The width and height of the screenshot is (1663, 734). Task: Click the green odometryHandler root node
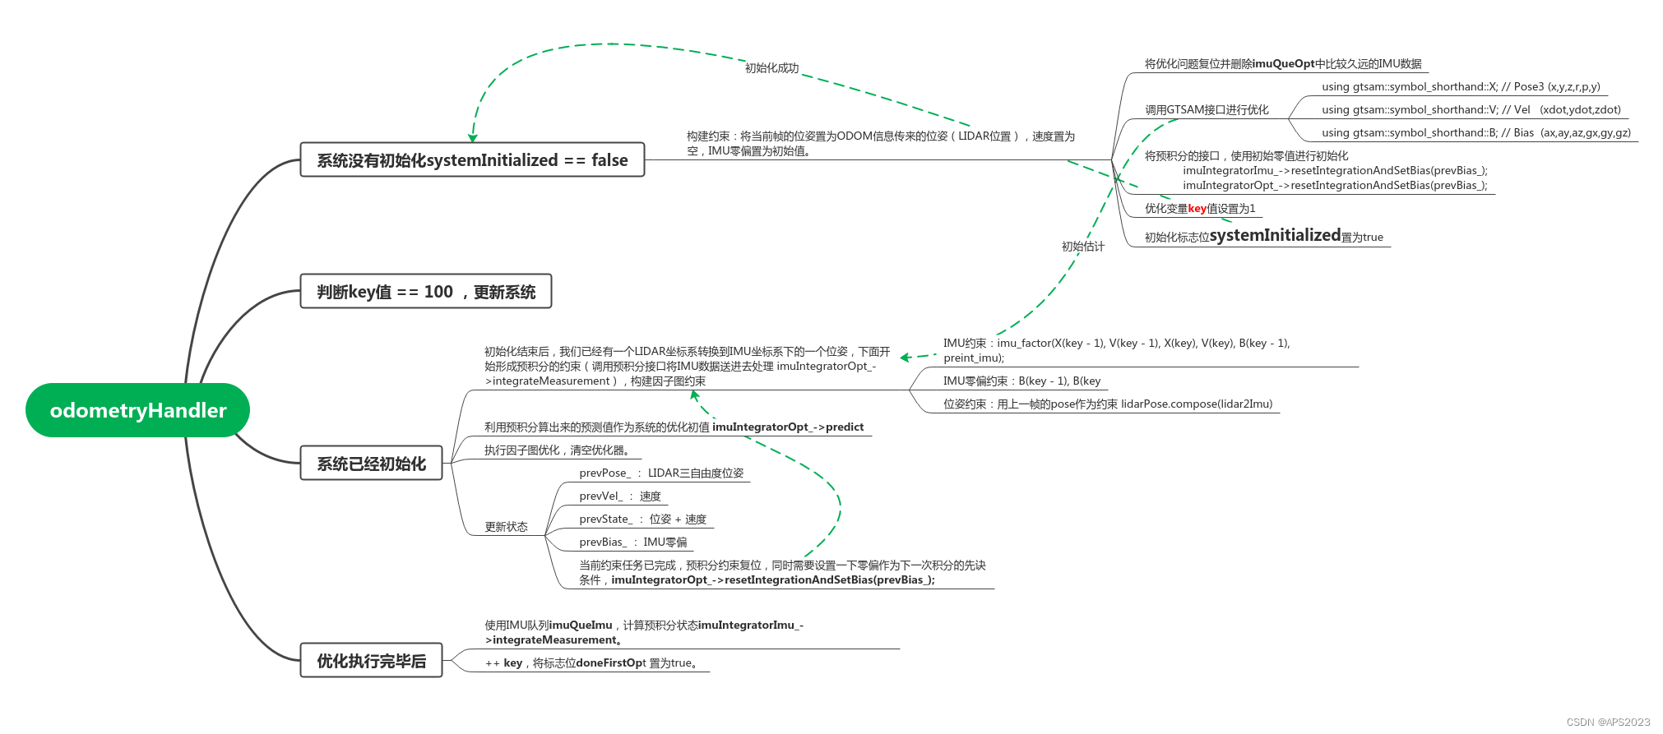coord(137,410)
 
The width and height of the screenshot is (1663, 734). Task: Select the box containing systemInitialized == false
coord(472,160)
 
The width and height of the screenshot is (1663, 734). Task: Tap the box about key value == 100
coord(425,292)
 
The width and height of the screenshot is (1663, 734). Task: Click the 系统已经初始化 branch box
coord(371,464)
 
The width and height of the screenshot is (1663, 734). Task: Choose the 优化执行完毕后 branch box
coord(371,661)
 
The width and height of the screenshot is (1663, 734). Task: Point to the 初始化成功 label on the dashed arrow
coord(771,68)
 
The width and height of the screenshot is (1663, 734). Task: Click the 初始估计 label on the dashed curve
coord(1082,247)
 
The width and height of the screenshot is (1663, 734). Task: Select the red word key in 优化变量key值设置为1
coord(1197,209)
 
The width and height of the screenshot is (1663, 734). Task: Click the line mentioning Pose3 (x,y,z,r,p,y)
coord(1461,87)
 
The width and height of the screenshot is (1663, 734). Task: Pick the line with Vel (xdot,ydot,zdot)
coord(1471,110)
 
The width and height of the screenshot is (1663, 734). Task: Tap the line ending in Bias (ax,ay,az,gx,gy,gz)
coord(1475,133)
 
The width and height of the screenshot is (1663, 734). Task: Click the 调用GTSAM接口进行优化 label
coord(1207,110)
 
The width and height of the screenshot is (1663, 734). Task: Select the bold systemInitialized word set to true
coord(1275,236)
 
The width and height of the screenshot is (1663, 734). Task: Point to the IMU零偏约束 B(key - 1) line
coord(1021,381)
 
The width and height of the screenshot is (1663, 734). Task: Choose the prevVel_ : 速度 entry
coord(619,496)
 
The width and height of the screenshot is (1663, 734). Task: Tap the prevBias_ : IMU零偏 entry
coord(632,542)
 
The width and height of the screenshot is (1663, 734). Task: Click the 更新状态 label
coord(506,527)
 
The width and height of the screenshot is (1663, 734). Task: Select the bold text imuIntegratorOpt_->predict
coord(788,427)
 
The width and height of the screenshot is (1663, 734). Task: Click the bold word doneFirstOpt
coord(611,663)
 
